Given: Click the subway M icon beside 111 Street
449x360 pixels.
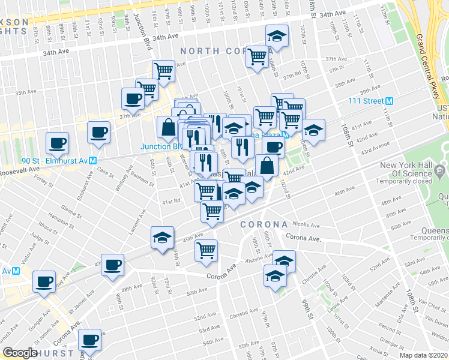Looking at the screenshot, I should tap(389, 101).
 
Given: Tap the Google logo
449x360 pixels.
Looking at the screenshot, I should tap(20, 353).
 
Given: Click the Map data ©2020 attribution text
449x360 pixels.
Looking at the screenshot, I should tap(423, 355).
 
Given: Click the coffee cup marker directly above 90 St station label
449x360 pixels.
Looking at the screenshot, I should tap(58, 143).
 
